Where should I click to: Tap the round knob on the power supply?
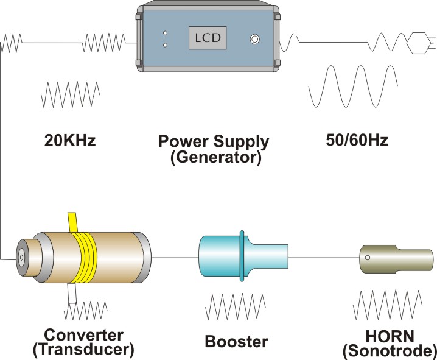click(x=254, y=40)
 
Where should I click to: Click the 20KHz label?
click(x=70, y=141)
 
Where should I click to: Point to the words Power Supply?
click(x=213, y=142)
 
